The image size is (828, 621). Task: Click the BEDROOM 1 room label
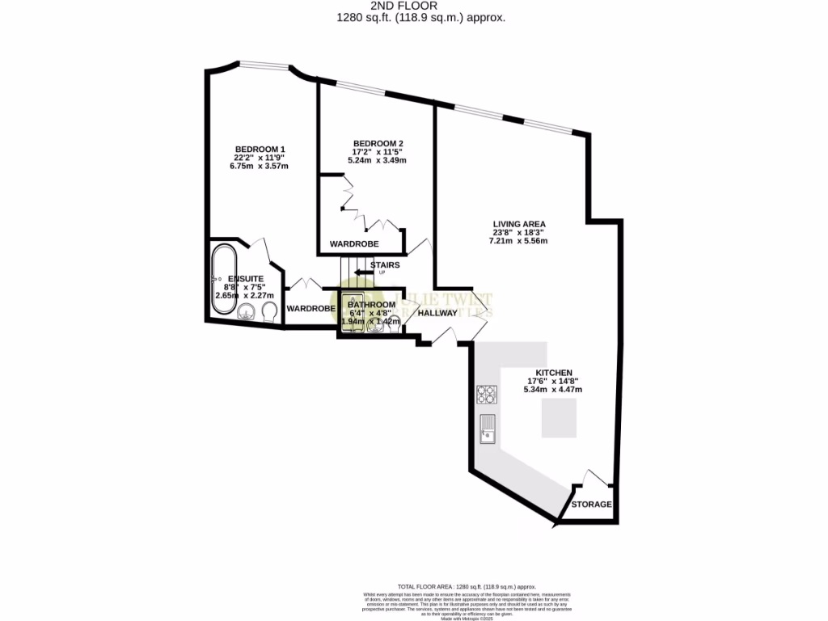[x=260, y=149]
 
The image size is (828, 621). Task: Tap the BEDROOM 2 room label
[x=378, y=143]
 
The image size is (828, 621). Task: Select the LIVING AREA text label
[x=520, y=224]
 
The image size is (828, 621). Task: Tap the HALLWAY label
[x=438, y=312]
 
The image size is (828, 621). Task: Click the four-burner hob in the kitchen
[x=487, y=395]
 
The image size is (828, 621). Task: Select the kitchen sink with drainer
[x=487, y=429]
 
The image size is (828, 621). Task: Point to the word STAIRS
[x=385, y=264]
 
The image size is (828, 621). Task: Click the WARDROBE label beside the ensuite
[x=311, y=309]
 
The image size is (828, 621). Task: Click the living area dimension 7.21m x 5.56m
[x=520, y=241]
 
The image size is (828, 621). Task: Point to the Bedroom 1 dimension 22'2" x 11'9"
[x=260, y=158]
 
